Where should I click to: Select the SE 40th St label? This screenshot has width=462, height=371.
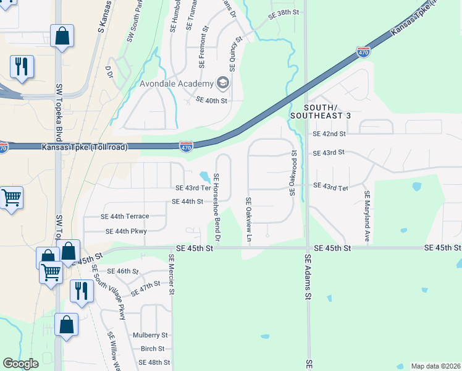click(212, 100)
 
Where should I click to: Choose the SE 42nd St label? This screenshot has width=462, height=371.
click(329, 134)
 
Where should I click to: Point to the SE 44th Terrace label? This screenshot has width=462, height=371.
click(125, 216)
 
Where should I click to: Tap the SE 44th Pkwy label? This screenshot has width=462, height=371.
click(126, 231)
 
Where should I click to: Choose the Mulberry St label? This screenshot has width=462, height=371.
click(150, 335)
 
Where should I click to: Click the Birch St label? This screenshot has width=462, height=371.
click(153, 349)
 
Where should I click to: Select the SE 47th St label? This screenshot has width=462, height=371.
click(146, 287)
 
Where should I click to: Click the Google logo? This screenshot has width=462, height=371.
click(21, 364)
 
